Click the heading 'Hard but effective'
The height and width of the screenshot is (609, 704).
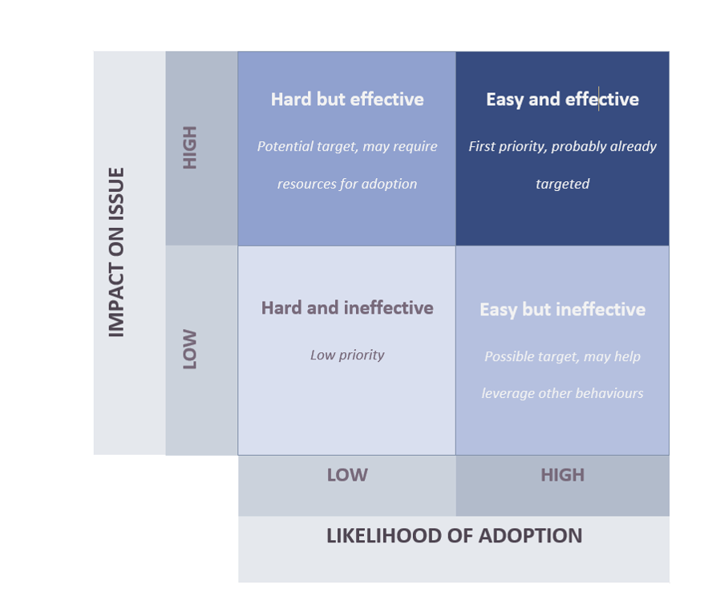click(347, 99)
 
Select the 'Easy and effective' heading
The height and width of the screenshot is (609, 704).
click(562, 99)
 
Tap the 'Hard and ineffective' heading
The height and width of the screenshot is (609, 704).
click(347, 308)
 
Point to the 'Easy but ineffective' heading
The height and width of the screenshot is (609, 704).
click(562, 310)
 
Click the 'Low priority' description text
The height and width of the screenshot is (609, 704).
click(347, 355)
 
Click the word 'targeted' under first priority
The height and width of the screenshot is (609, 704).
click(562, 184)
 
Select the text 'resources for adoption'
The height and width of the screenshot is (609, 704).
click(347, 184)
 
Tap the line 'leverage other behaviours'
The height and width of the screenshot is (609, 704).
click(562, 393)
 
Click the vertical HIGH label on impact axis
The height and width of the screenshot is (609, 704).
click(190, 148)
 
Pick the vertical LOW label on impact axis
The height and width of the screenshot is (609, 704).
click(190, 349)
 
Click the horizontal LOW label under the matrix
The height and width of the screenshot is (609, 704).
click(347, 475)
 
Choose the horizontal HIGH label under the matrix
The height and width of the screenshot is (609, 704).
click(562, 475)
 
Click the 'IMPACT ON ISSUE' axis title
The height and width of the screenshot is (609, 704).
click(117, 252)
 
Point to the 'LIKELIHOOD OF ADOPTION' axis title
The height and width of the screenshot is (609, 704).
click(454, 536)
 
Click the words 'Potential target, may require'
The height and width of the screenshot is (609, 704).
click(347, 146)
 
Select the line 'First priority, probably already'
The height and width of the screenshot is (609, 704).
click(562, 146)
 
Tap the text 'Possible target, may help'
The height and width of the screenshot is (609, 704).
click(562, 356)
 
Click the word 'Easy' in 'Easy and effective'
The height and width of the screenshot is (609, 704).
click(504, 99)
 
